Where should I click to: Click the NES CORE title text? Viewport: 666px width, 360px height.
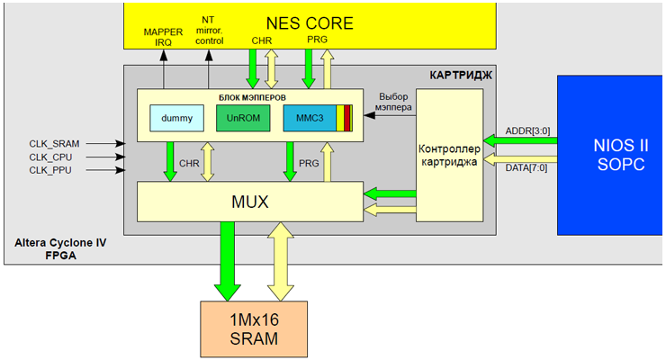310,22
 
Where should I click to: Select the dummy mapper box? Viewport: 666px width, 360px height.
177,118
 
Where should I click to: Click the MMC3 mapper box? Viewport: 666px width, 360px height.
309,118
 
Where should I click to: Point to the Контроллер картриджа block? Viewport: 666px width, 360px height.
449,156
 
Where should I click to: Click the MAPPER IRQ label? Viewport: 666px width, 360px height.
163,37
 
